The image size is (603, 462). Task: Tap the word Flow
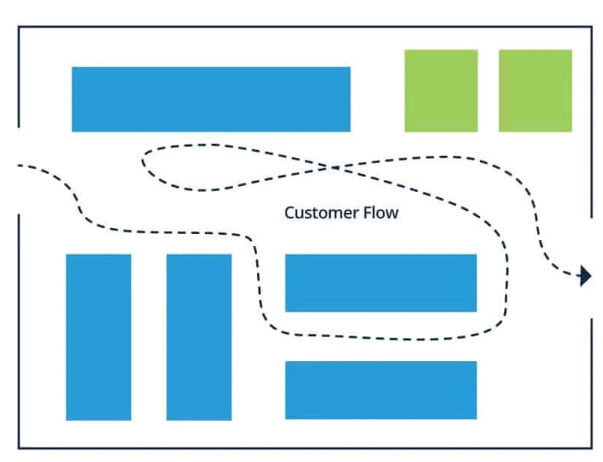click(381, 213)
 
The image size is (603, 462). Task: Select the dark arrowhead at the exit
click(585, 276)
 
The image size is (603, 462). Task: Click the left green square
click(441, 90)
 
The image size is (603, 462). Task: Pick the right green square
click(535, 90)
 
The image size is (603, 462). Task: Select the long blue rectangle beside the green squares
click(211, 99)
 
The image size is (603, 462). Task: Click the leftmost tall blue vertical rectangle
click(98, 337)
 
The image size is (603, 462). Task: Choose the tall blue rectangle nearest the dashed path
click(199, 337)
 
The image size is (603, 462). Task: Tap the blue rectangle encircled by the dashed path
click(380, 283)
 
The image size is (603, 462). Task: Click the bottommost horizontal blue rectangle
click(380, 390)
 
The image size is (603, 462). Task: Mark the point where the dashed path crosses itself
click(333, 167)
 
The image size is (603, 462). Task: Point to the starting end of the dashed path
click(19, 165)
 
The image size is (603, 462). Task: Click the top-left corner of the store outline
click(19, 27)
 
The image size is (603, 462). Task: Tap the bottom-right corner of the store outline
click(591, 448)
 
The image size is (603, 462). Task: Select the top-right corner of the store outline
click(591, 27)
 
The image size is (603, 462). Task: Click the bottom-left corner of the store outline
click(19, 448)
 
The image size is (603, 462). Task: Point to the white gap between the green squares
click(488, 90)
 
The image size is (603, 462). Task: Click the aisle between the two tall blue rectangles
click(148, 337)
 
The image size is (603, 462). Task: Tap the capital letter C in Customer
click(289, 213)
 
